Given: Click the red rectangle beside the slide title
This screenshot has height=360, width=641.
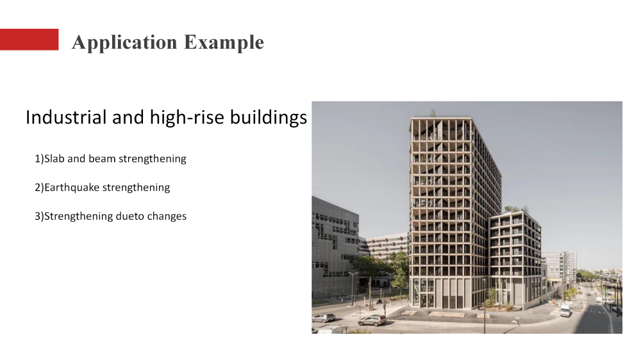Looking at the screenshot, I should pos(29,40).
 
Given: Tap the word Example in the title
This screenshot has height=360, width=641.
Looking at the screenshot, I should pos(224,42).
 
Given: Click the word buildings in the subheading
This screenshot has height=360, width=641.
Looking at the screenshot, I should pos(269,118).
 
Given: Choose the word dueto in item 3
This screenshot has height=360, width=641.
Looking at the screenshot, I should pos(130,217).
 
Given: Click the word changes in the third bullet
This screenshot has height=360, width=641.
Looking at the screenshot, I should pos(167,217).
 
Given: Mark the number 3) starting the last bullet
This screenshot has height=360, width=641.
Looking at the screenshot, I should pos(38,217).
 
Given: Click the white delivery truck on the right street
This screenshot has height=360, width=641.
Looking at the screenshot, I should pos(565,309).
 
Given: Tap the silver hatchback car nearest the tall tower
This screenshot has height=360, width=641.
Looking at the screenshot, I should pos(372,320).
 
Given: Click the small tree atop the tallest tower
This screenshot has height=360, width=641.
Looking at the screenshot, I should pos(433,113).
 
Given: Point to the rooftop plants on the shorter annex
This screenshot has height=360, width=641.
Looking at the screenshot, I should pos(513,209).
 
